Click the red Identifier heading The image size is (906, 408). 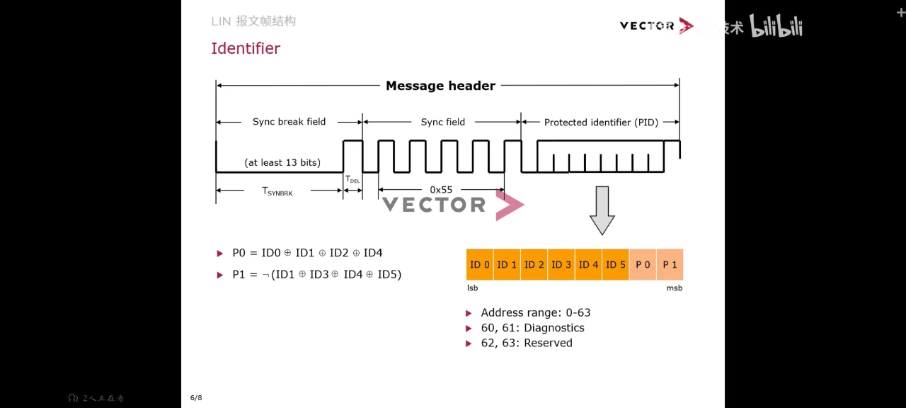pyautogui.click(x=246, y=48)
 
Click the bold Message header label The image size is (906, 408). pyautogui.click(x=440, y=86)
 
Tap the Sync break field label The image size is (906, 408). pyautogui.click(x=289, y=122)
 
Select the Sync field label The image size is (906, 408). pyautogui.click(x=443, y=122)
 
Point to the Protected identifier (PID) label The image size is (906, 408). pyautogui.click(x=601, y=123)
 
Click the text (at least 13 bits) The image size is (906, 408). pyautogui.click(x=282, y=163)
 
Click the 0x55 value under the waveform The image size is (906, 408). pyautogui.click(x=441, y=190)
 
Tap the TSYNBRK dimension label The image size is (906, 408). pyautogui.click(x=277, y=191)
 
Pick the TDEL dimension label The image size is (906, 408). pyautogui.click(x=352, y=180)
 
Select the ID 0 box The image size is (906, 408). pyautogui.click(x=480, y=265)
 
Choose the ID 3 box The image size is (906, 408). pyautogui.click(x=561, y=265)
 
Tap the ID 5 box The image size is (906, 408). pyautogui.click(x=616, y=265)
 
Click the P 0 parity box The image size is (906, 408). pyautogui.click(x=643, y=265)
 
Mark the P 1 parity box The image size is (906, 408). pyautogui.click(x=670, y=265)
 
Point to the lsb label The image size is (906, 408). pyautogui.click(x=472, y=288)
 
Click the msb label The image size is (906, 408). pyautogui.click(x=675, y=288)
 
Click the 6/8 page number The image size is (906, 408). pyautogui.click(x=196, y=397)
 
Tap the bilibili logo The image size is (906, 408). pyautogui.click(x=776, y=27)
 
